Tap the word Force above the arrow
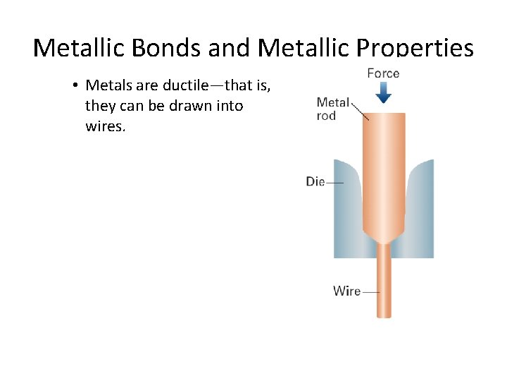point(383,73)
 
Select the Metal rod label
point(332,109)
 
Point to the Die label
point(315,182)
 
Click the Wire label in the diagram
point(346,291)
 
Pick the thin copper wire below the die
point(384,282)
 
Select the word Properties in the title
point(415,48)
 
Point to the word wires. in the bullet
point(105,128)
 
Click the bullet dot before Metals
point(74,86)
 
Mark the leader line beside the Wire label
point(370,291)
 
